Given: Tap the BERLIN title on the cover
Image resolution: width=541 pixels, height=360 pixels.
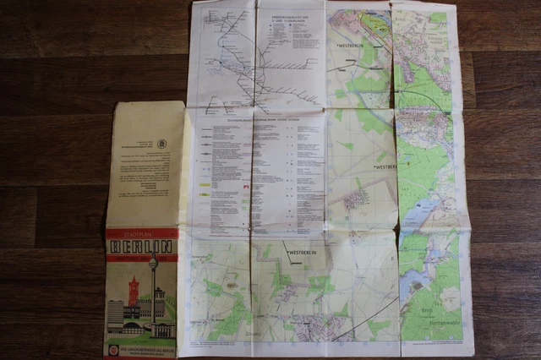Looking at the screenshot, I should click(141, 247).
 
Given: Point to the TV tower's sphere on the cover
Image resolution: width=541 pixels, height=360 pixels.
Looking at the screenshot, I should click(153, 265).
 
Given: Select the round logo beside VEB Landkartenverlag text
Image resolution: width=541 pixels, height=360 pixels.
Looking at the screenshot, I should click(113, 349).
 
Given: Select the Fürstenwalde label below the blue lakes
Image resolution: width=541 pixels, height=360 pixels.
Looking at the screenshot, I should click(432, 319).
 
